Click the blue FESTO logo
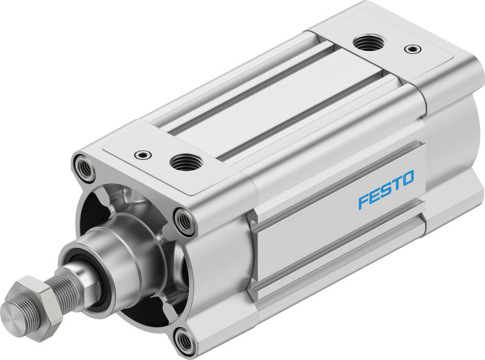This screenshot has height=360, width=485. [386, 189]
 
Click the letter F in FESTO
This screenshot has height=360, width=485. [363, 200]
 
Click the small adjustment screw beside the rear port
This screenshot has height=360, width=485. [413, 49]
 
